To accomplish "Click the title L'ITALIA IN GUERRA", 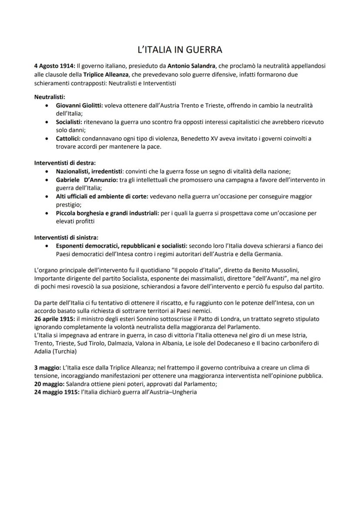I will click(180, 50).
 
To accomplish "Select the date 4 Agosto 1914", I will click(54, 67).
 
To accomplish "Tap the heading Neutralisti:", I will click(50, 97).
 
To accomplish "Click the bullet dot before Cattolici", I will click(47, 139).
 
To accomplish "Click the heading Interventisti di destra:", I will click(65, 163).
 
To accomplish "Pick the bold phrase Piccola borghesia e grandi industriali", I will click(107, 213).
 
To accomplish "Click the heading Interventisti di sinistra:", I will click(66, 237).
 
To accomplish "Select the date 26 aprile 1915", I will click(55, 319).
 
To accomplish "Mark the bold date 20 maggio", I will click(49, 384).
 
